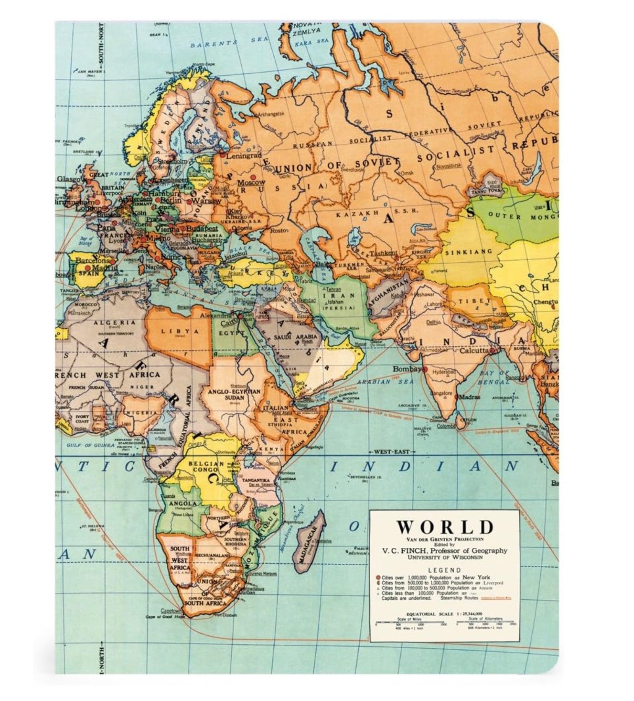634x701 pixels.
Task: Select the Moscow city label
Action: point(251,182)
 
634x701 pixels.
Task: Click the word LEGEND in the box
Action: point(444,570)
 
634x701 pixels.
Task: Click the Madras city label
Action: point(470,397)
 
